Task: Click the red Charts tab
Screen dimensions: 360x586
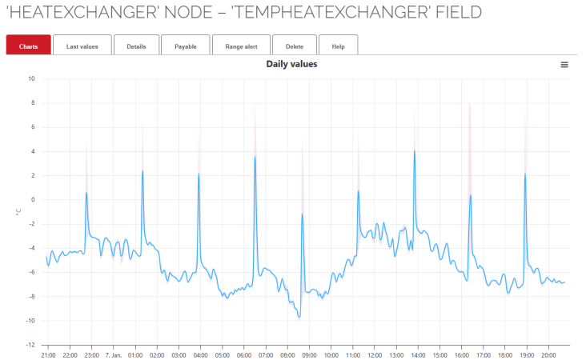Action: [x=28, y=46]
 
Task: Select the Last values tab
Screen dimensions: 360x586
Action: [x=82, y=46]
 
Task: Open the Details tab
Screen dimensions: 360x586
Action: [x=136, y=46]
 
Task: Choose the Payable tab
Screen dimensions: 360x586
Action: [x=185, y=46]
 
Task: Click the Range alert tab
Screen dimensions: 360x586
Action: [x=241, y=46]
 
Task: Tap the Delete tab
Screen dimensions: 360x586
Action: [x=294, y=46]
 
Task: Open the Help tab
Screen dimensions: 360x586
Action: [x=338, y=46]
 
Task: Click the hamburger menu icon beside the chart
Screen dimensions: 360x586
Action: [x=564, y=64]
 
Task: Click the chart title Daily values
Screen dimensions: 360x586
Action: [x=291, y=64]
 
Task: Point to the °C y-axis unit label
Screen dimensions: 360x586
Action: [x=18, y=212]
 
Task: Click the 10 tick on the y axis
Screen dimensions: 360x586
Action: [x=31, y=78]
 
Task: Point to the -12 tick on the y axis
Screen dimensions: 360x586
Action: [x=30, y=345]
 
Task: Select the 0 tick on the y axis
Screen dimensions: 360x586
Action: [x=33, y=199]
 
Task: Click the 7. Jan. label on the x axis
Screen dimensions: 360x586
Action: [x=112, y=354]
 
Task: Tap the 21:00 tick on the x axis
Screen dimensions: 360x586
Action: [x=47, y=354]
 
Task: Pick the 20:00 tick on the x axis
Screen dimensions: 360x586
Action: [x=548, y=354]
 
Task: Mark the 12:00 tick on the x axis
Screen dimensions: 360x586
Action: [x=375, y=354]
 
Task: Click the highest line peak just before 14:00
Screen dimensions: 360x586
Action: [x=414, y=150]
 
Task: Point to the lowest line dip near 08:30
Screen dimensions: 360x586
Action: [x=299, y=317]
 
